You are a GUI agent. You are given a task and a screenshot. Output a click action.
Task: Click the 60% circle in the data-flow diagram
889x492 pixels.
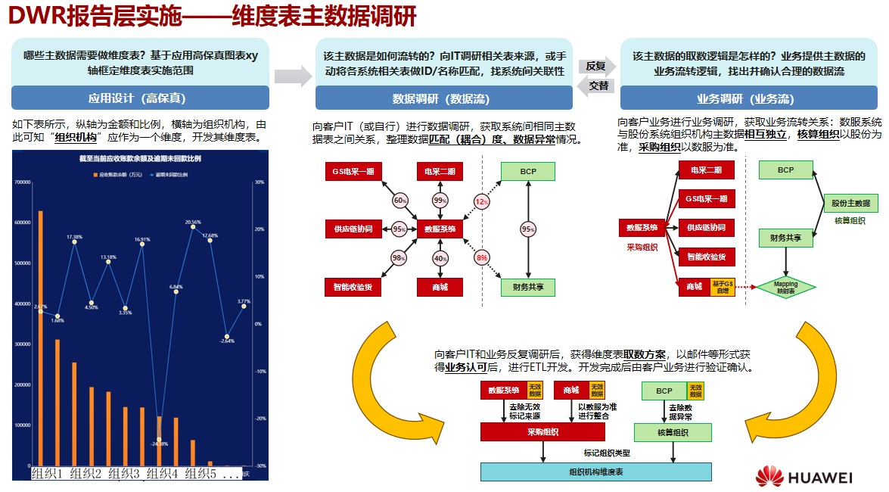[x=400, y=201]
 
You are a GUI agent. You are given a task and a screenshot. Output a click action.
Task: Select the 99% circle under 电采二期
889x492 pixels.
[x=440, y=201]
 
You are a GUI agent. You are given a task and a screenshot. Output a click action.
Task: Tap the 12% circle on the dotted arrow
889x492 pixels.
[x=481, y=201]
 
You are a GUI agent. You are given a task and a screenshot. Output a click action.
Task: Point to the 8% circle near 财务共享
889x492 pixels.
[x=481, y=258]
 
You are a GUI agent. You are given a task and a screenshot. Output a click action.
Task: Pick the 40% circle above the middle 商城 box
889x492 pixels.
[x=440, y=259]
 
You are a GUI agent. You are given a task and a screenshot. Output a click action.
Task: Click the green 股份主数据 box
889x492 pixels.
[x=850, y=203]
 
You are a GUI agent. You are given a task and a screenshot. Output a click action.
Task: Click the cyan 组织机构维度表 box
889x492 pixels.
[x=596, y=472]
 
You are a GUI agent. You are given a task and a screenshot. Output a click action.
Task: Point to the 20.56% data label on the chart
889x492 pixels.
[x=194, y=223]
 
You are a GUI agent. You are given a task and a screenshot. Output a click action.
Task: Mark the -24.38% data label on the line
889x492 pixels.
[x=159, y=444]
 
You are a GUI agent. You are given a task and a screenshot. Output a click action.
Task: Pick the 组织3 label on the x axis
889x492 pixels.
[x=124, y=474]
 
